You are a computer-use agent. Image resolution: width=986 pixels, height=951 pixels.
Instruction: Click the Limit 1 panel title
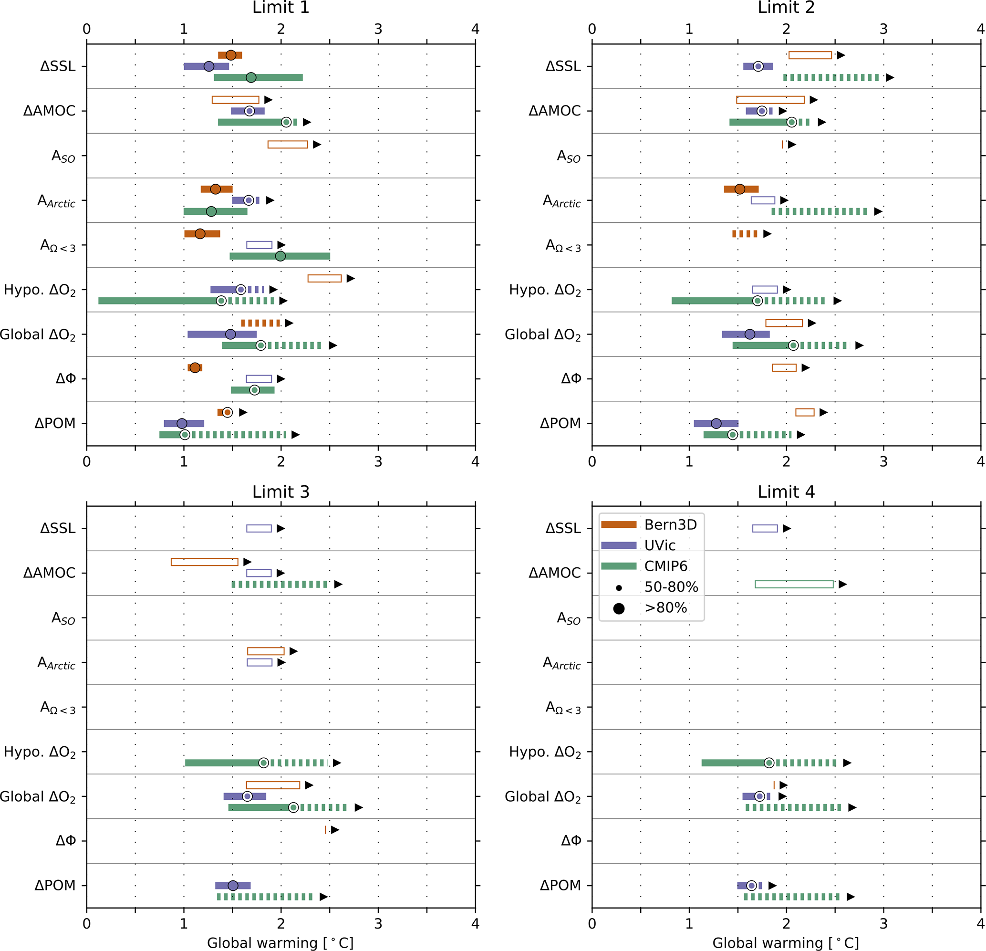280,8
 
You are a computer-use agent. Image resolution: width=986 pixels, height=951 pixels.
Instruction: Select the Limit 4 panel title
786,491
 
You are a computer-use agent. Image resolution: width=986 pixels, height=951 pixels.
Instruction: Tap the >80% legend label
665,608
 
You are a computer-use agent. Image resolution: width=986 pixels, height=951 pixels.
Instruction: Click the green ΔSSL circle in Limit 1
251,77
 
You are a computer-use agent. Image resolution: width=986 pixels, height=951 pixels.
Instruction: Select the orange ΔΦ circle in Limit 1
195,368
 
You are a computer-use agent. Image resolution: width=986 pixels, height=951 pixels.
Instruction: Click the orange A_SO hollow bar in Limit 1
288,145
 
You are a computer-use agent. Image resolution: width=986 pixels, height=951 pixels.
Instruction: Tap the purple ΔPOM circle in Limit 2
716,424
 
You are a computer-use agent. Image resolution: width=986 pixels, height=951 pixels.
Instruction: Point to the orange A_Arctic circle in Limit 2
739,189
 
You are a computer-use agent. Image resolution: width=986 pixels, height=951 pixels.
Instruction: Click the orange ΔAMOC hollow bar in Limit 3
205,562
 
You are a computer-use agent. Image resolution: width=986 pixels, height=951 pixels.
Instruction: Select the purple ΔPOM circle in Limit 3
233,886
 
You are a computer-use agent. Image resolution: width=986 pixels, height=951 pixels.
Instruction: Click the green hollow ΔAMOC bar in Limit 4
794,584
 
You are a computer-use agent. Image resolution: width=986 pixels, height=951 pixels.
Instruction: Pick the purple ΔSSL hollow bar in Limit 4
765,528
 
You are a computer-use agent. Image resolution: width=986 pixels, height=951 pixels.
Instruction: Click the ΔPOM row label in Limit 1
55,424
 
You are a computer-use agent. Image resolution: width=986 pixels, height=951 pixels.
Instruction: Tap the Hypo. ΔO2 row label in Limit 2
545,290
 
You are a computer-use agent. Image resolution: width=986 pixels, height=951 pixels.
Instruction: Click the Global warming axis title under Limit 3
280,943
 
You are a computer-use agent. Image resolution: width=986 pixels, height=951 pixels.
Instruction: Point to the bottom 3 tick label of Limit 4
883,924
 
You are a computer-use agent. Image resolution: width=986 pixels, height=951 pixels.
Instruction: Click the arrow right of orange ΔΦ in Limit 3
335,830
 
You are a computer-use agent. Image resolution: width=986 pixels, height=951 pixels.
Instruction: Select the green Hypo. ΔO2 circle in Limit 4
769,763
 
